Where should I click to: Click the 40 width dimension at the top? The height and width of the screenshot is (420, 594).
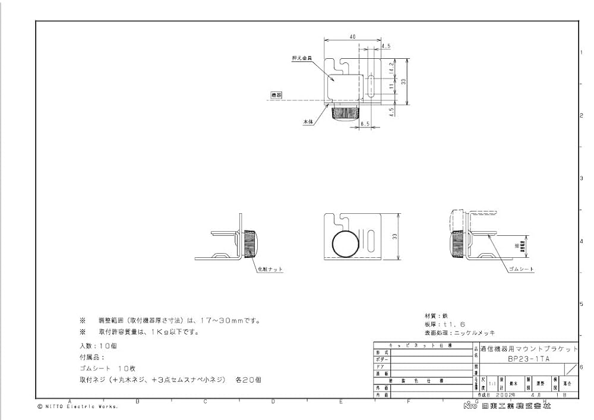353,37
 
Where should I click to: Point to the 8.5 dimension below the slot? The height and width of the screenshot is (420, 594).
366,124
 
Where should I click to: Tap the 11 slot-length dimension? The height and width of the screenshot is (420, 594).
391,87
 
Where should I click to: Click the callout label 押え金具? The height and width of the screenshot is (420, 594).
300,58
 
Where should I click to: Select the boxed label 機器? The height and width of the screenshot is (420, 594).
276,94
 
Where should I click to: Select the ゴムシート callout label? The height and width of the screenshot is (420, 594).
522,269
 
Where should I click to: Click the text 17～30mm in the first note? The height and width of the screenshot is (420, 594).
235,320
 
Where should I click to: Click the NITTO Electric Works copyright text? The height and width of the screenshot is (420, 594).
77,407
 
